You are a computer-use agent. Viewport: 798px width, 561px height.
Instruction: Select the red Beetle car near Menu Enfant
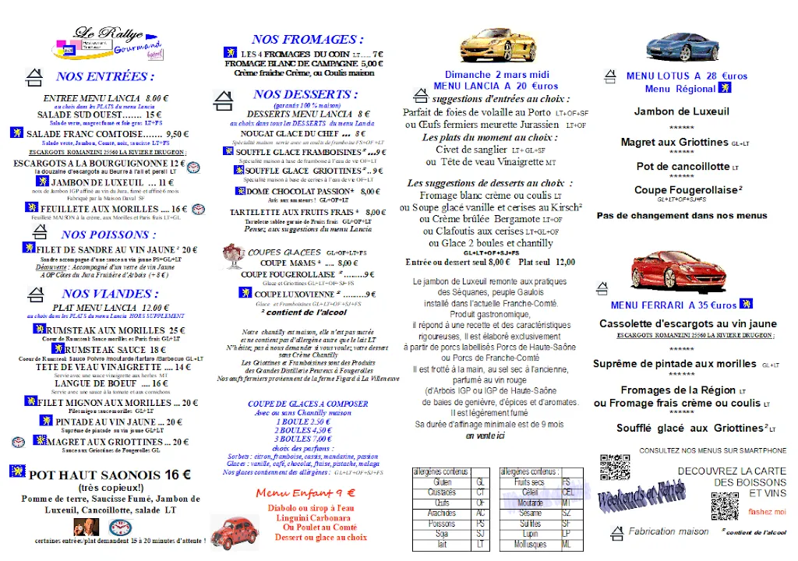(x=234, y=530)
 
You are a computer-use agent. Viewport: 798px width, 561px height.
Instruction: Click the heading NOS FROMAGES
(x=308, y=39)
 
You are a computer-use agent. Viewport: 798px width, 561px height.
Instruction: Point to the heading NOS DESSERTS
(x=305, y=94)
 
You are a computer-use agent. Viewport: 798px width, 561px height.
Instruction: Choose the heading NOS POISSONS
(x=104, y=235)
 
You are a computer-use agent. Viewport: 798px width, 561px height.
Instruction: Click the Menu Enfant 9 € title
(x=305, y=492)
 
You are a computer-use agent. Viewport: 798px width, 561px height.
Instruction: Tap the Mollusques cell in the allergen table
(x=530, y=545)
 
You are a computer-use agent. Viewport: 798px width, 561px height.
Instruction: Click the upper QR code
(x=613, y=467)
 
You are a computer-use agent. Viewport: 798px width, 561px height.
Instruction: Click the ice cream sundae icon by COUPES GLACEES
(x=232, y=255)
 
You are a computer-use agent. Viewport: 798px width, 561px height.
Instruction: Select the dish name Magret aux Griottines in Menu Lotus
(x=675, y=143)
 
